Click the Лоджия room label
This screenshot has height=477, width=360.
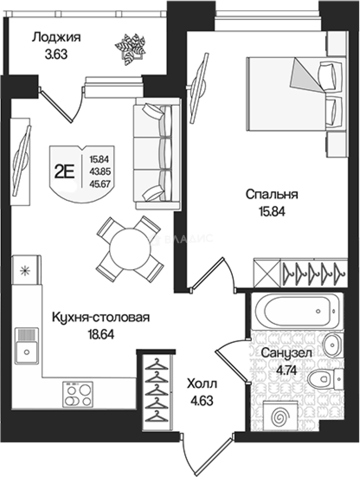pyautogui.click(x=56, y=37)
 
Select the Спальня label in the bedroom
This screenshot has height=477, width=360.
pyautogui.click(x=272, y=194)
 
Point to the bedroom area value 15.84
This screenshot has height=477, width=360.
pyautogui.click(x=272, y=211)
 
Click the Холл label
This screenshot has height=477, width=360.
pyautogui.click(x=202, y=383)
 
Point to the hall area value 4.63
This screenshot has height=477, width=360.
pyautogui.click(x=202, y=401)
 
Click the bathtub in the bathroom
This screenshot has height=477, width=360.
pyautogui.click(x=297, y=311)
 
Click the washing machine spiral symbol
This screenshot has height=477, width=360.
pyautogui.click(x=279, y=415)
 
